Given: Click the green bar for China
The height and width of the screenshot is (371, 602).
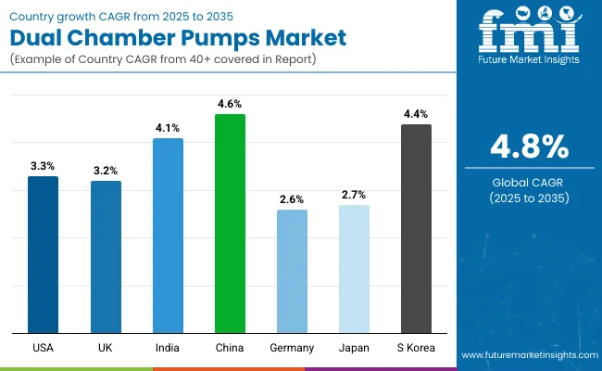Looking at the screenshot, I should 230,223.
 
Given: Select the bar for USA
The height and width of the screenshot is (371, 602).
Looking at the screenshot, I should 43,254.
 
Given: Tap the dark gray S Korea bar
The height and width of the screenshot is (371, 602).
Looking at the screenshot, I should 416,228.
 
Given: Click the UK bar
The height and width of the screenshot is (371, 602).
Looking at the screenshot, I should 106,256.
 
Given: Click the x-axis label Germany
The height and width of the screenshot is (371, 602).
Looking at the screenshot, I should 292,347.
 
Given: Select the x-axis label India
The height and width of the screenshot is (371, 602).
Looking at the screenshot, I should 168,347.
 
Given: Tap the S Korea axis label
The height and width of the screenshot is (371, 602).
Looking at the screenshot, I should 416,347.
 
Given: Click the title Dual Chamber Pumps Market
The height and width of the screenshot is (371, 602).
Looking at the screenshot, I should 177,38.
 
